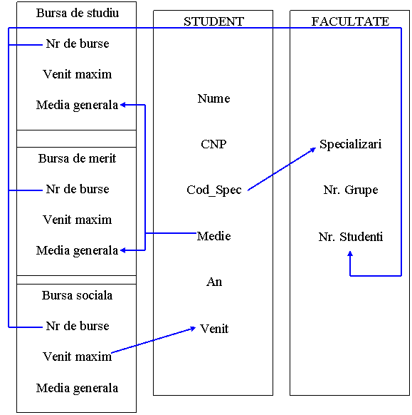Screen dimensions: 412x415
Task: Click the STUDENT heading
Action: (x=213, y=21)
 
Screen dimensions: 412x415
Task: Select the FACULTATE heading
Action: (x=350, y=21)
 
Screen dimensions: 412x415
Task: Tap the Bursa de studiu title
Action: (x=78, y=13)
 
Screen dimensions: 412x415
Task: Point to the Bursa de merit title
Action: (x=77, y=158)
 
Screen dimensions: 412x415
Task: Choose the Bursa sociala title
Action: (x=77, y=295)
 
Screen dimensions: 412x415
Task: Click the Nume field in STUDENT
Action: (x=213, y=98)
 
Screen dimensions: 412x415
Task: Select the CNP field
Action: (x=213, y=144)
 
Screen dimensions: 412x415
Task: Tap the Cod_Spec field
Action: (x=214, y=190)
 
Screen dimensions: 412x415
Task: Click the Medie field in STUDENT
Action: (x=213, y=236)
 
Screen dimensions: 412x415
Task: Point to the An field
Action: (x=214, y=282)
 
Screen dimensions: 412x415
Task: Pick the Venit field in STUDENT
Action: (x=214, y=329)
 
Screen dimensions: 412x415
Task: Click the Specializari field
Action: (x=351, y=145)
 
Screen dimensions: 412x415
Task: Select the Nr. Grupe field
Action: (x=351, y=190)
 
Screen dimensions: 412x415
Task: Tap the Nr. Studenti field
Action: (x=351, y=237)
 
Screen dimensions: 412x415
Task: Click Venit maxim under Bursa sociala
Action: (x=77, y=357)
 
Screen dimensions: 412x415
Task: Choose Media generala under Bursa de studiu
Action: (x=77, y=106)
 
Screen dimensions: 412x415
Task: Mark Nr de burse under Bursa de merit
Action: (x=78, y=189)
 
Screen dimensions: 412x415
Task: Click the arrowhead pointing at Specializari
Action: (x=313, y=150)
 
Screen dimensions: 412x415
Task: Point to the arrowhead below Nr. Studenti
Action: (x=350, y=254)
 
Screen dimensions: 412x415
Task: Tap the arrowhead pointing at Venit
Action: (x=193, y=329)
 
